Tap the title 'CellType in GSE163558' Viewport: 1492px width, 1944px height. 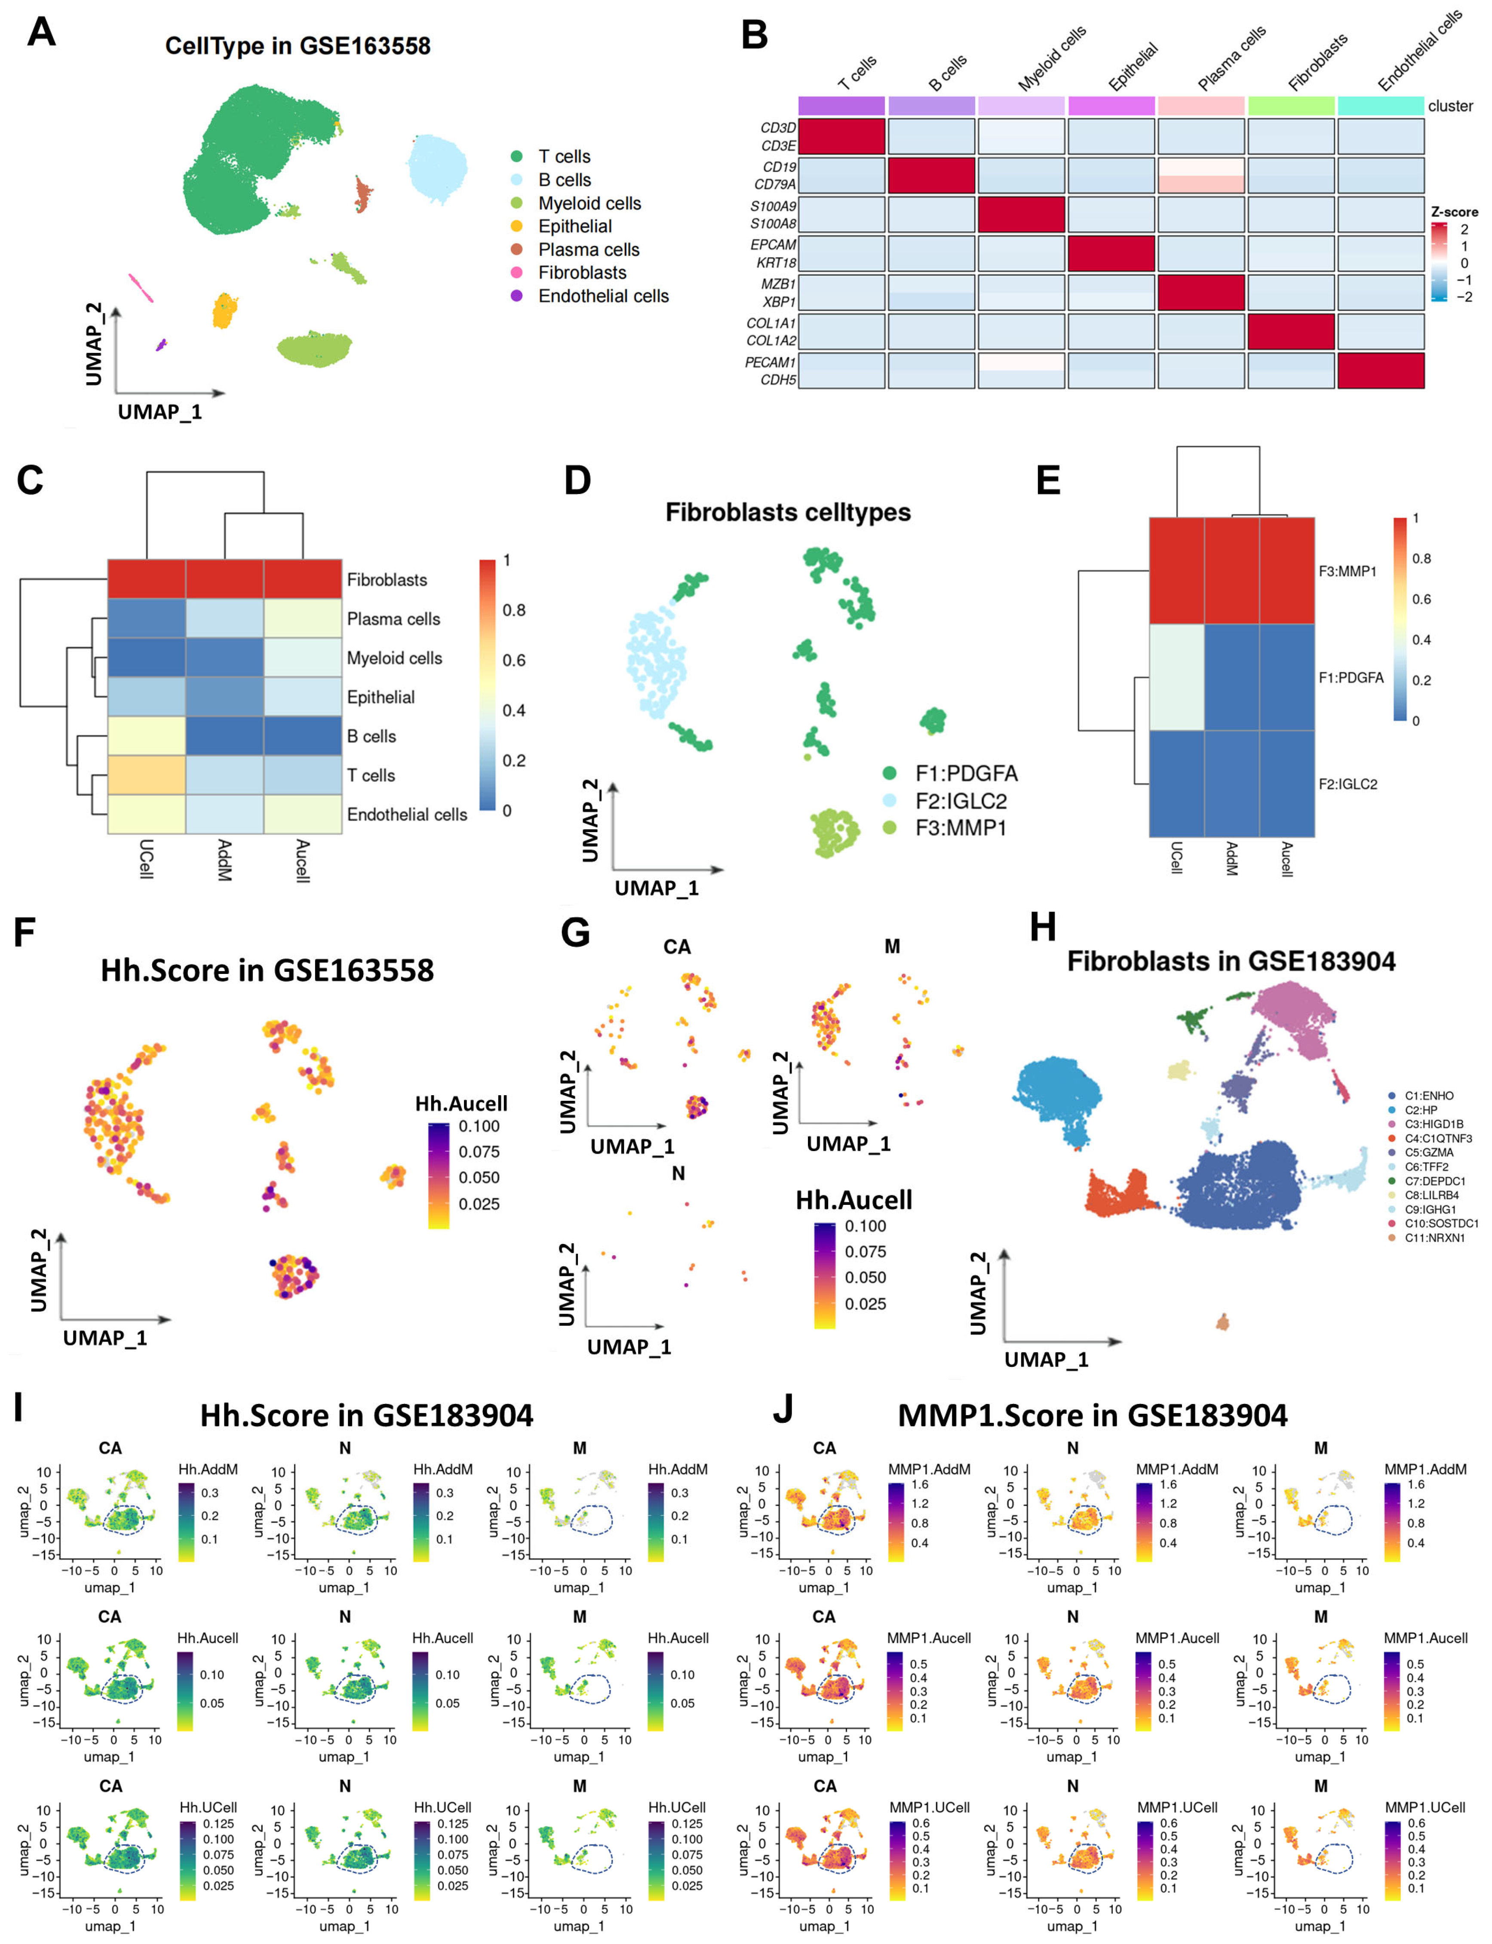[x=298, y=46]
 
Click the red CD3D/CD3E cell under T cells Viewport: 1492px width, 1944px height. [x=841, y=137]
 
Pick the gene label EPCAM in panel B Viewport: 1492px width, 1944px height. [x=773, y=244]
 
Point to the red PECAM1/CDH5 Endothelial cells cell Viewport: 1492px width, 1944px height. [x=1380, y=370]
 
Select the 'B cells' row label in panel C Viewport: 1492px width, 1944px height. [x=371, y=736]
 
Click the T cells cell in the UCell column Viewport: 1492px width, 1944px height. [x=147, y=775]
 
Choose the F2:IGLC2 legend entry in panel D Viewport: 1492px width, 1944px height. [x=960, y=801]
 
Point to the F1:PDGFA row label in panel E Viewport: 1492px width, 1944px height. [x=1350, y=678]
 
